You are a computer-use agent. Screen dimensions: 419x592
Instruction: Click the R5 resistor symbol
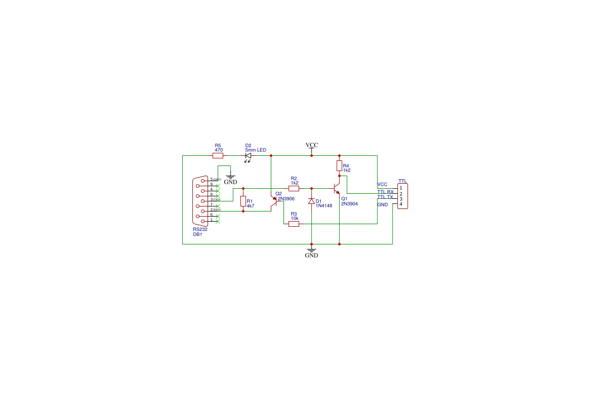tap(218, 156)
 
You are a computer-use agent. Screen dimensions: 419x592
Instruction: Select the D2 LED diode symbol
tap(248, 156)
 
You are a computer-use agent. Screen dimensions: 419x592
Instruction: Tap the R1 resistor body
tap(243, 201)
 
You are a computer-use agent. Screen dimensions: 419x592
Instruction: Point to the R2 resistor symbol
tap(294, 188)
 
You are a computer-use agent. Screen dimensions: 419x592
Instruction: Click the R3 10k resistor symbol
tap(294, 224)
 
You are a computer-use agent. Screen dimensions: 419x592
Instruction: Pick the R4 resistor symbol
tap(339, 166)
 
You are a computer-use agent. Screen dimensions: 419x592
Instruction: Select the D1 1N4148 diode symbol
tap(312, 201)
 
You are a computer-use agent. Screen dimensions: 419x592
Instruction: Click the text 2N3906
tap(286, 199)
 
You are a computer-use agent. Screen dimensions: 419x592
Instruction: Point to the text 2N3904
tap(350, 203)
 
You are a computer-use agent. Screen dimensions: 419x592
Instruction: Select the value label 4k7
tap(250, 206)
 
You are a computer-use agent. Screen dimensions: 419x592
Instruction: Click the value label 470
tap(219, 150)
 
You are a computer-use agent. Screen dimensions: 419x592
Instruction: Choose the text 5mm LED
tap(256, 150)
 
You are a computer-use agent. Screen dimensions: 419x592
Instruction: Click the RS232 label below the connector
tap(200, 229)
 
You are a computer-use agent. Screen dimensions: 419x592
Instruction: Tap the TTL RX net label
tap(385, 192)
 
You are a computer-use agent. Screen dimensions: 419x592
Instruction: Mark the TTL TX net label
tap(385, 197)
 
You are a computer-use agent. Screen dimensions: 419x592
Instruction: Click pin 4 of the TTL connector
tap(401, 204)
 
